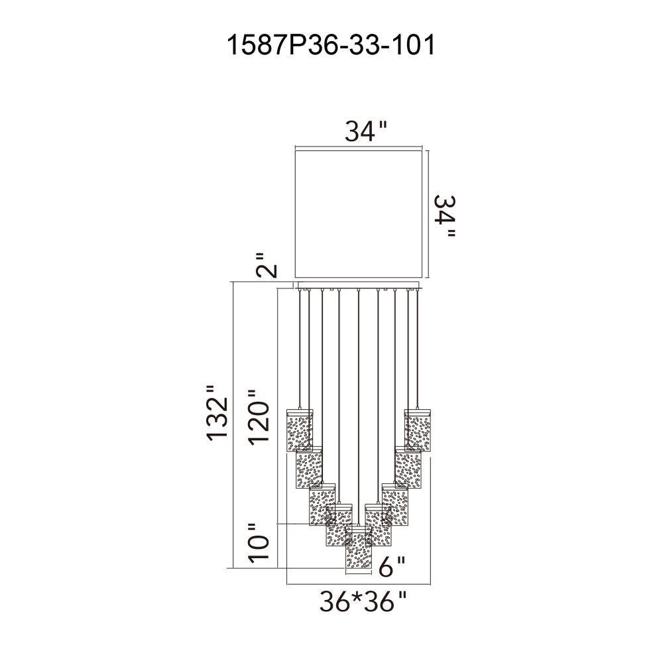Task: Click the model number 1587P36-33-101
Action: tap(331, 45)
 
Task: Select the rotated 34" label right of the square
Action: tap(445, 215)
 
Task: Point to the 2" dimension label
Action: tap(267, 266)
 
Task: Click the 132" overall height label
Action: tap(217, 413)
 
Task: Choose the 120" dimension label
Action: tap(259, 417)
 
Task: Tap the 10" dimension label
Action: tap(259, 543)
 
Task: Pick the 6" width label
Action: tap(392, 567)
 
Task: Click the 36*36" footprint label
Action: tap(363, 602)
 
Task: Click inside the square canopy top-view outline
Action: tap(359, 213)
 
